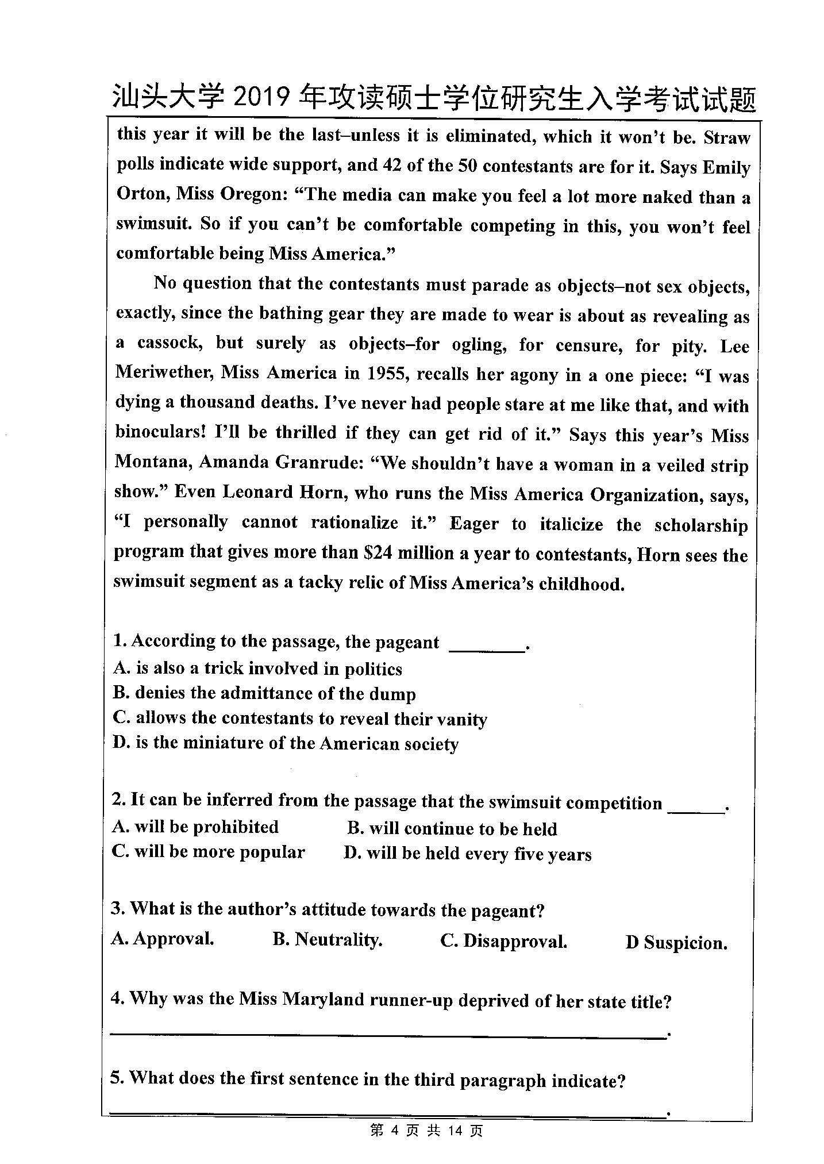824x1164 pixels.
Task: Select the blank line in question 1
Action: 486,650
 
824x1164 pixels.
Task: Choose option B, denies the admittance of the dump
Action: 264,694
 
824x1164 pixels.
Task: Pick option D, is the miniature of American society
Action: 286,744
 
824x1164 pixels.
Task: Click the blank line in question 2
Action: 696,810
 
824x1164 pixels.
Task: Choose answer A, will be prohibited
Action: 195,827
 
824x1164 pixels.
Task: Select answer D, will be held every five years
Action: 467,854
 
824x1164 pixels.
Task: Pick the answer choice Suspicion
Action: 677,943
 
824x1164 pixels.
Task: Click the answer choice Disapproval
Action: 504,941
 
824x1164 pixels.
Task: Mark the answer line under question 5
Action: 388,1113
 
